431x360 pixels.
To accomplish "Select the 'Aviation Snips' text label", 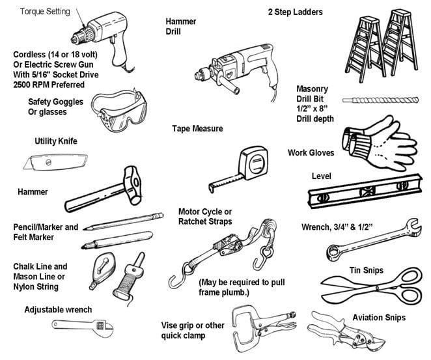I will (379, 318).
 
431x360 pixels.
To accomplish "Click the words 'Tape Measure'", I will (197, 129).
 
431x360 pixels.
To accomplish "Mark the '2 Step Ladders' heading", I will (295, 12).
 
